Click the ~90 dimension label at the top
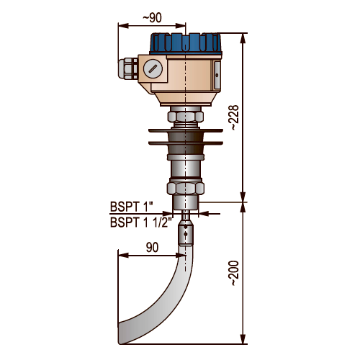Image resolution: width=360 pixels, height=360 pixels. coord(152,18)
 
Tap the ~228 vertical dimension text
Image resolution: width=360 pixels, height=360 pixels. coord(235,117)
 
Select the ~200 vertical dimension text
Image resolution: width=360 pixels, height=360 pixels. coord(235,273)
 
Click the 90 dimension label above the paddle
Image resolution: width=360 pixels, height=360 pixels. coord(153,248)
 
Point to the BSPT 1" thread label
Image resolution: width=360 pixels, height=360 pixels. coord(132,207)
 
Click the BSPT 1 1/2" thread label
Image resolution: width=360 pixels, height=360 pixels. coord(141,222)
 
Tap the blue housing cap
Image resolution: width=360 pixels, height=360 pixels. coord(186,44)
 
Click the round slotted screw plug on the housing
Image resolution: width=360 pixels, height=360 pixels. coord(153,68)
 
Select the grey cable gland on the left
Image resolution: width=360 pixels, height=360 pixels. coord(127,69)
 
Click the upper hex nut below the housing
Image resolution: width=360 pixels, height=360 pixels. coord(186,117)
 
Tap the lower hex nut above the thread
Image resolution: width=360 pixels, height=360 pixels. coord(186,188)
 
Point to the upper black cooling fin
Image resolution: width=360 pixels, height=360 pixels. coord(186,130)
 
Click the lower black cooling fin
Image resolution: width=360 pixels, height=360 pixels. coord(186,143)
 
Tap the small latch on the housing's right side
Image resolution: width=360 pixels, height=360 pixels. coord(217,75)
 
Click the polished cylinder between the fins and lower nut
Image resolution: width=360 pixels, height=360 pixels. coord(186,168)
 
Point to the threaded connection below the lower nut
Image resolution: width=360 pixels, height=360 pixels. coord(186,203)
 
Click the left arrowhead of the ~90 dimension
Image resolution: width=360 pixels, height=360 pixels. coord(123,26)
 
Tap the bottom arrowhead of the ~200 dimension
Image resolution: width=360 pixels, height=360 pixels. coord(243,338)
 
